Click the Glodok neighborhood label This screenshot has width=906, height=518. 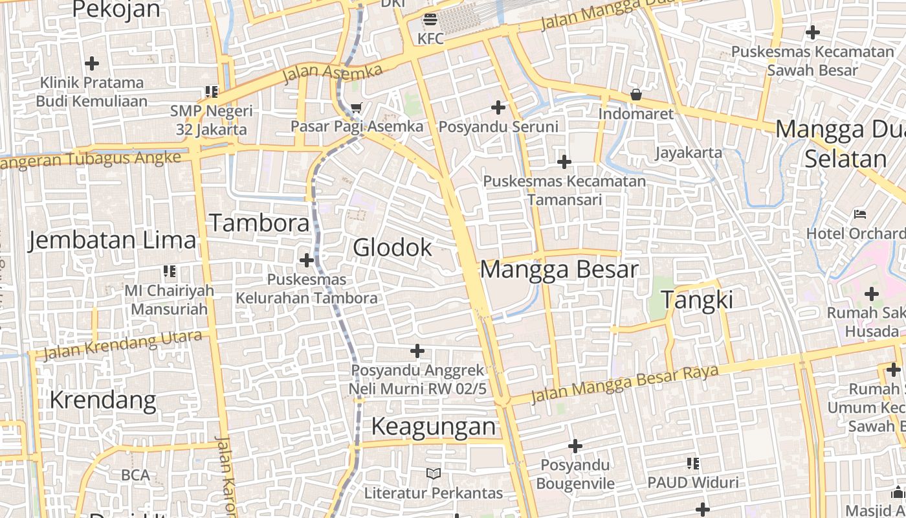click(392, 247)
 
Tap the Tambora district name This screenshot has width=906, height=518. click(260, 223)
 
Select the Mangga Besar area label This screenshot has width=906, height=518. click(559, 269)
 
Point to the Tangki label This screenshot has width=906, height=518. click(697, 300)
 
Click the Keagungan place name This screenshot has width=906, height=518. click(434, 427)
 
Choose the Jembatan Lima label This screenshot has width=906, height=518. click(112, 240)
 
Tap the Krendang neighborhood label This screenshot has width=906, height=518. click(103, 400)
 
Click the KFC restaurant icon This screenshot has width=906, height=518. click(430, 19)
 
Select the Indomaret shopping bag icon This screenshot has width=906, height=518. click(636, 95)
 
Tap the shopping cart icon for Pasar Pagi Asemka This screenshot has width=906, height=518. click(356, 107)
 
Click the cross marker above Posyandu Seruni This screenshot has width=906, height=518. click(498, 107)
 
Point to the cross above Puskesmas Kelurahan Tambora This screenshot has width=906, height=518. click(306, 260)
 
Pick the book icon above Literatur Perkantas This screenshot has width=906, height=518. click(433, 474)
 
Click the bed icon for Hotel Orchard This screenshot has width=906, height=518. click(860, 214)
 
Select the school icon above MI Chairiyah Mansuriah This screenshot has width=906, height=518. click(170, 271)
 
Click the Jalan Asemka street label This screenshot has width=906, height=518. click(333, 74)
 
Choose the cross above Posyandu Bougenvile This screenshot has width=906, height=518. click(575, 446)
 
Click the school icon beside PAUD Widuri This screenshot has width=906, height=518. click(693, 463)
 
